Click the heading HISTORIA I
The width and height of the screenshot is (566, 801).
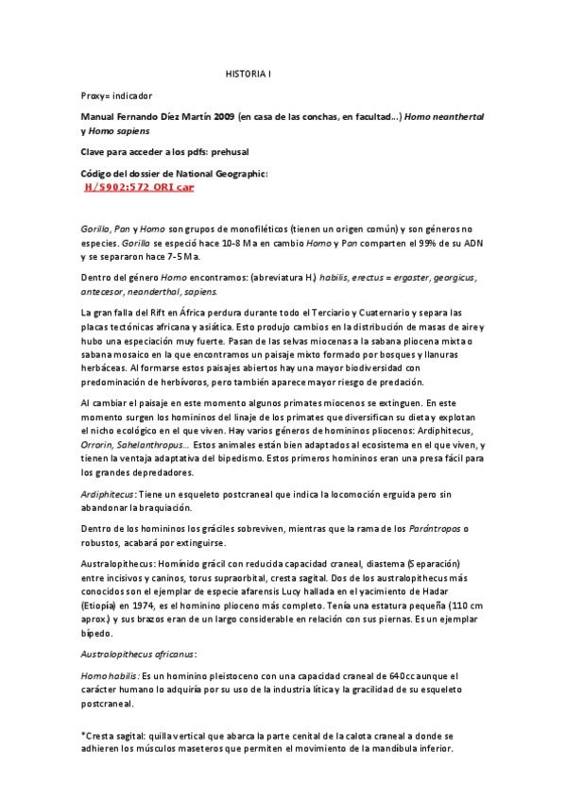click(248, 73)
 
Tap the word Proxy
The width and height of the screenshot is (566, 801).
click(94, 95)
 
